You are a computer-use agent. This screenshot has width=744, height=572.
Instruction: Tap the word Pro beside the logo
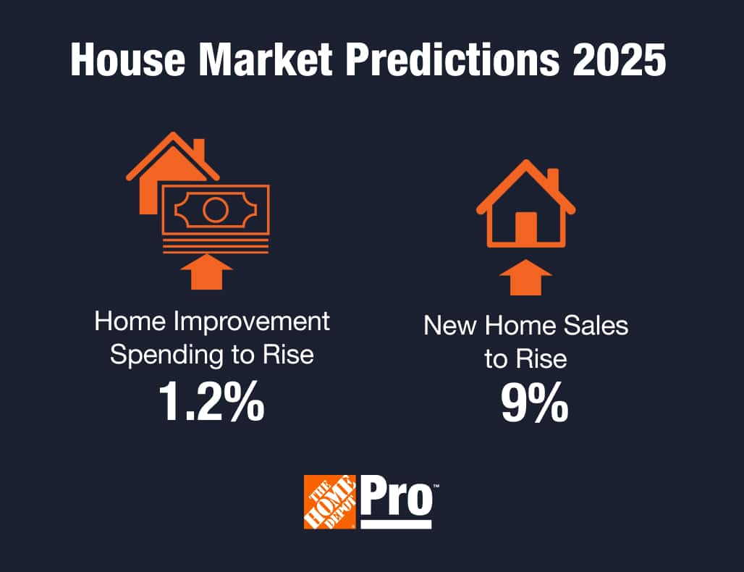[396, 496]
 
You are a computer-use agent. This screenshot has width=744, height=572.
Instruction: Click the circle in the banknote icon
[215, 211]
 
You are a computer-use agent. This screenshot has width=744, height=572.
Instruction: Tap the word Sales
[597, 326]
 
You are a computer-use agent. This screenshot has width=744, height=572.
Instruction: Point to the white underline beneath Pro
[396, 523]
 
